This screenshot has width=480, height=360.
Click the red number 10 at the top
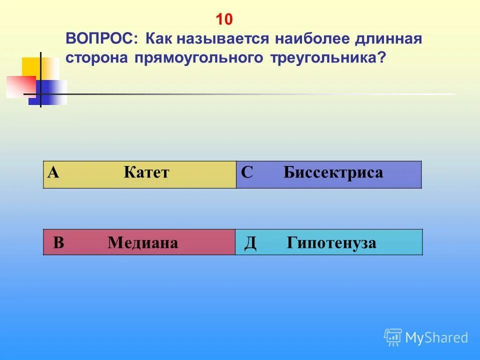pyautogui.click(x=224, y=19)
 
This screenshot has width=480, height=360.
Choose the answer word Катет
pyautogui.click(x=146, y=173)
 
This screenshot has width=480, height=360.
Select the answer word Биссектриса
pyautogui.click(x=333, y=173)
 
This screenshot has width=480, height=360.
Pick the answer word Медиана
pyautogui.click(x=142, y=243)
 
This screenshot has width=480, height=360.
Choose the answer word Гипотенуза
pyautogui.click(x=331, y=243)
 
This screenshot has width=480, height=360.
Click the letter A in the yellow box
pyautogui.click(x=53, y=173)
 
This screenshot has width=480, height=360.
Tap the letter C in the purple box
pyautogui.click(x=246, y=173)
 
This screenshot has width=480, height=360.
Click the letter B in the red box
pyautogui.click(x=58, y=243)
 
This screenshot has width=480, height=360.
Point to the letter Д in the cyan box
pyautogui.click(x=250, y=243)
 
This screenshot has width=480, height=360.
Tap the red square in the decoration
pyautogui.click(x=20, y=86)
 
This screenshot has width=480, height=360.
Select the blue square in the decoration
pyautogui.click(x=49, y=93)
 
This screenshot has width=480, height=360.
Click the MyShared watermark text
pyautogui.click(x=436, y=338)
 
